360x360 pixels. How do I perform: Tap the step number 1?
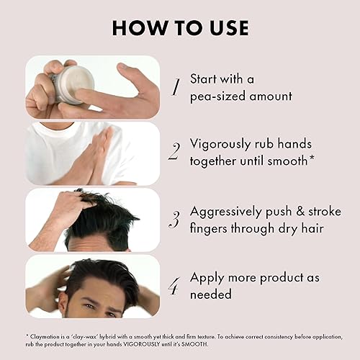(174, 87)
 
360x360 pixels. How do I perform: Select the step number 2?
(174, 150)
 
